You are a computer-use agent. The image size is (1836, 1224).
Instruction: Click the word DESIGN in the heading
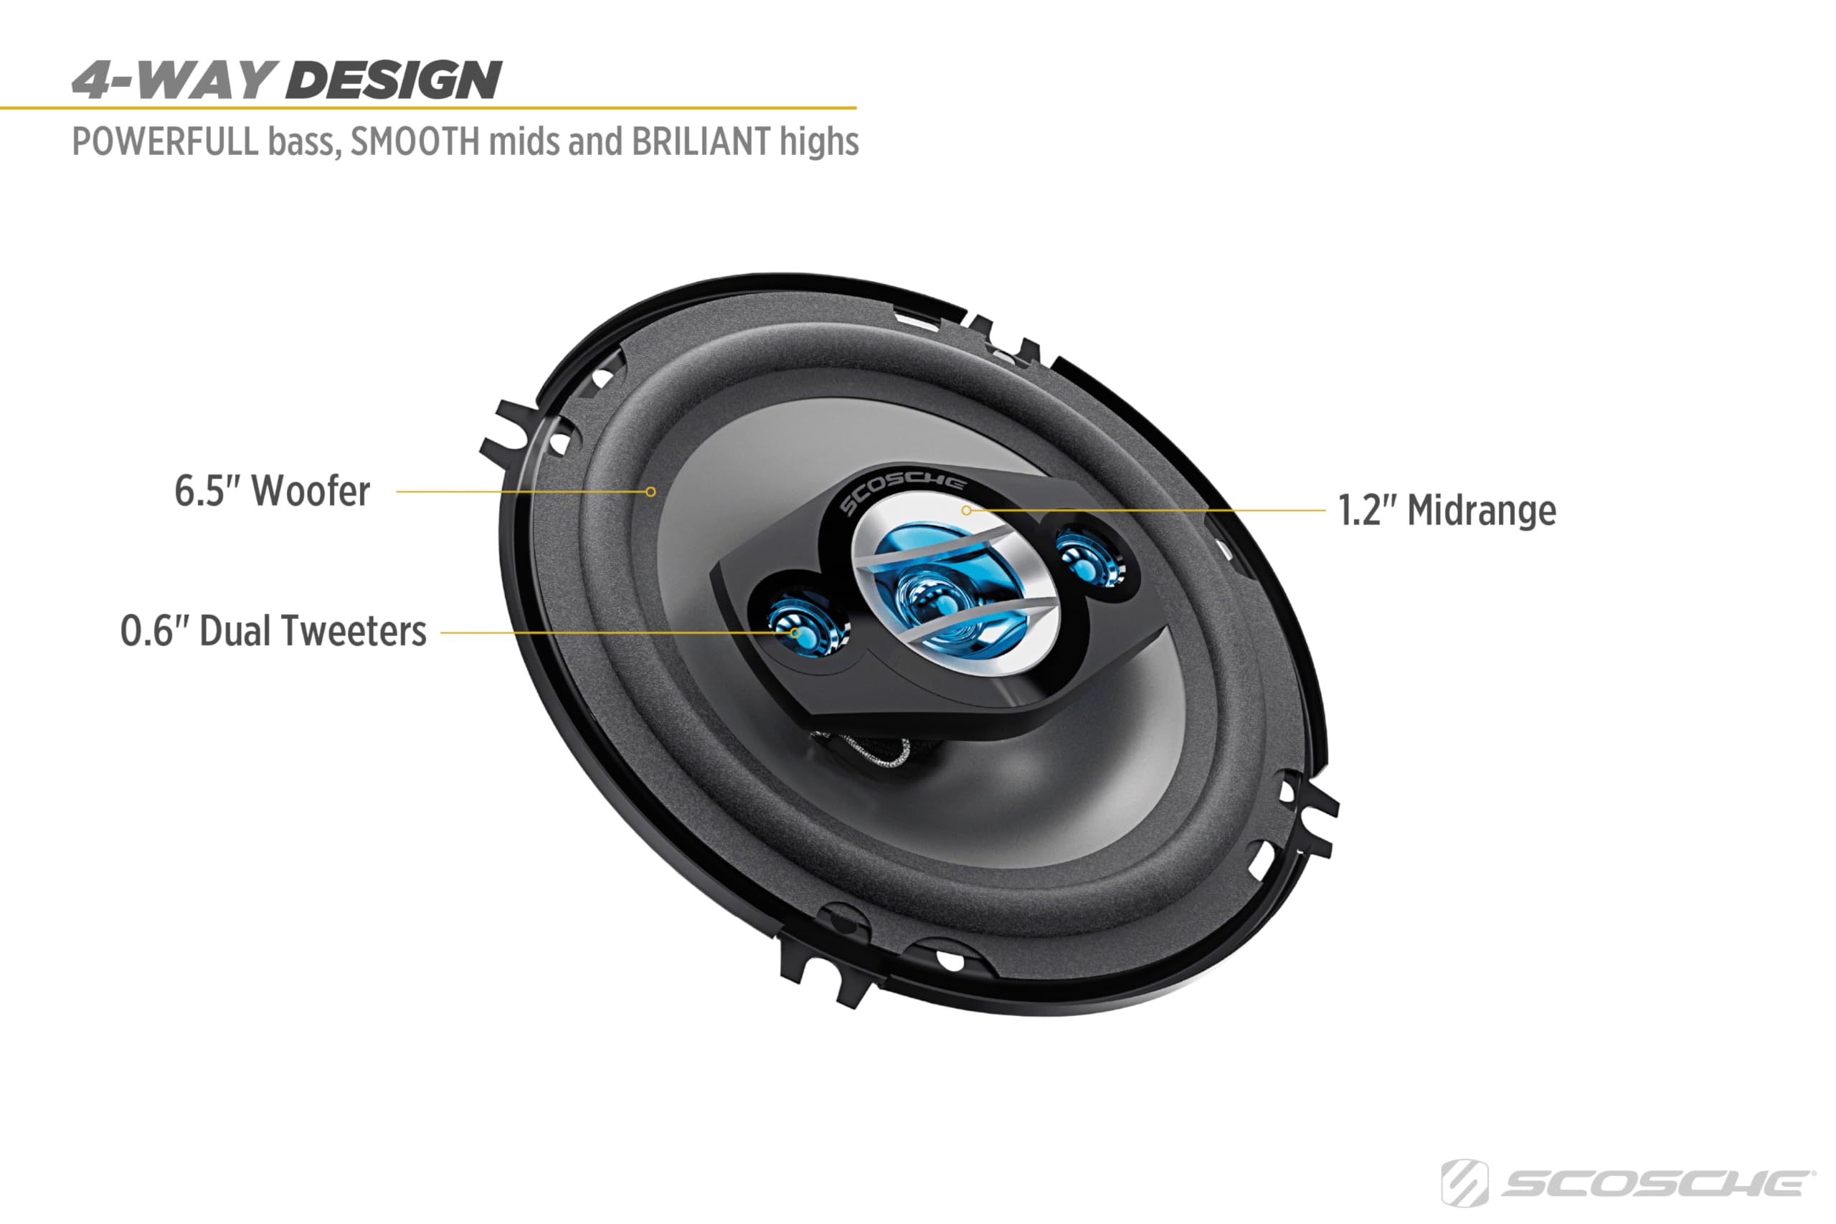[x=394, y=80]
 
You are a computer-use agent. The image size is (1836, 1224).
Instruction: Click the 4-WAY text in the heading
[x=171, y=80]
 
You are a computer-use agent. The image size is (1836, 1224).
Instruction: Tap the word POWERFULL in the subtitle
[x=165, y=142]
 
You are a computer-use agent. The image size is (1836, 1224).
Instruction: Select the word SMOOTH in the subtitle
[x=415, y=142]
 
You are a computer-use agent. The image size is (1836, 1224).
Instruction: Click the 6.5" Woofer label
[x=272, y=491]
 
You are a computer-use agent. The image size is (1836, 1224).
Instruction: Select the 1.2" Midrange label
[x=1447, y=511]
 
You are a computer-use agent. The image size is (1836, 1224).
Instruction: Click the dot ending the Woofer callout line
[x=650, y=492]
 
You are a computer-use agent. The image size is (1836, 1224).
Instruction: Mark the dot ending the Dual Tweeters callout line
[x=795, y=632]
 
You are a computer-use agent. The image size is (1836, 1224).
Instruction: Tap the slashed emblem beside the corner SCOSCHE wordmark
[x=1464, y=1183]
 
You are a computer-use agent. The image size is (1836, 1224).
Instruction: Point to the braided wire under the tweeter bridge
[x=874, y=751]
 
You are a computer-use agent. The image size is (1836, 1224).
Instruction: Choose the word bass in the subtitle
[x=304, y=142]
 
